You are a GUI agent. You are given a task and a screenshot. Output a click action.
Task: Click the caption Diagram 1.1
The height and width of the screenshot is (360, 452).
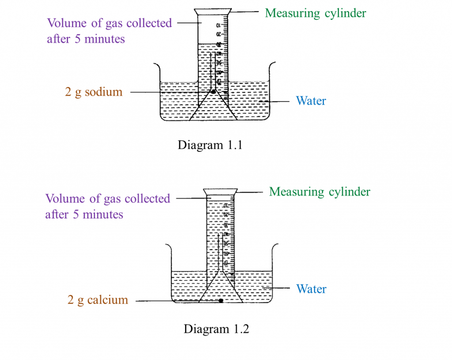210,145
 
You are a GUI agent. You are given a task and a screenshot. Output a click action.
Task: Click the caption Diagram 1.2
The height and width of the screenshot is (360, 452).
216,329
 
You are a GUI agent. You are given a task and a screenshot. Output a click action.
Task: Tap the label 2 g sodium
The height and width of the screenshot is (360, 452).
94,92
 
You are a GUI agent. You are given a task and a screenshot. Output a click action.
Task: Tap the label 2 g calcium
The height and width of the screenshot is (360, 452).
98,300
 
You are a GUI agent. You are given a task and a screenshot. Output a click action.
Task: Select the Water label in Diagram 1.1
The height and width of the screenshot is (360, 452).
311,101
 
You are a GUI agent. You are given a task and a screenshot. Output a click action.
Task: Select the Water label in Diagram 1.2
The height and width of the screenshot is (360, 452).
311,289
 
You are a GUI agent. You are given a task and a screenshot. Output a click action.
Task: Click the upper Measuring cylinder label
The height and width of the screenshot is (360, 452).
315,13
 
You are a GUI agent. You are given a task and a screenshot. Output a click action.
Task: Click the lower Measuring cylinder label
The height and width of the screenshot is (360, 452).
320,192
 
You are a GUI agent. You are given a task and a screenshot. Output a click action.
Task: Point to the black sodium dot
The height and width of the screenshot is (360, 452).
214,92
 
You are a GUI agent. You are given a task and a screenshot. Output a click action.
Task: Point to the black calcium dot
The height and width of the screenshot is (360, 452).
221,301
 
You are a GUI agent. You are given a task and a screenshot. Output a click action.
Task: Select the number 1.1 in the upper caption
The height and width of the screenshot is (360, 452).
235,145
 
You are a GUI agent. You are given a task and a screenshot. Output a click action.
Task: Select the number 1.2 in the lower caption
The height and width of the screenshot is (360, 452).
241,329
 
